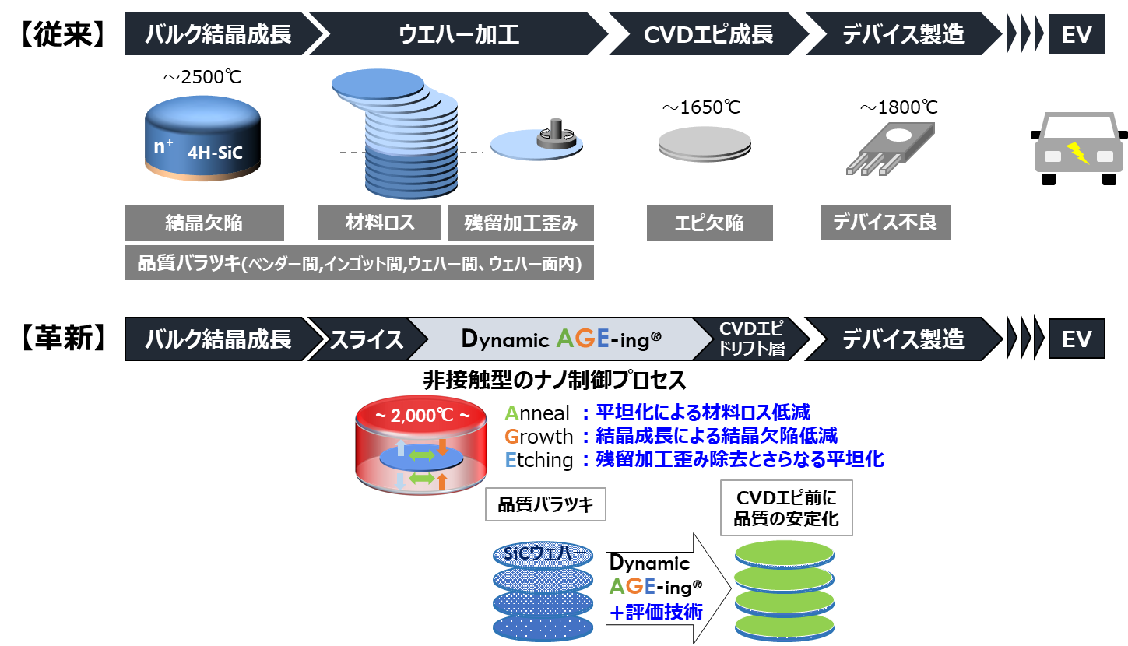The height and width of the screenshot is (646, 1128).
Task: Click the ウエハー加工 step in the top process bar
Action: [459, 35]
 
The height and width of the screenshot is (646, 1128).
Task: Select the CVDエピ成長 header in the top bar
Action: [708, 35]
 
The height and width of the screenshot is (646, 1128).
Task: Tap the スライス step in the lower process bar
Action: [366, 339]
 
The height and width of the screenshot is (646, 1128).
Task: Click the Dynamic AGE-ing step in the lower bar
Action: [560, 339]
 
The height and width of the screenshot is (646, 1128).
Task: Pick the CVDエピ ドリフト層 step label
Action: [751, 339]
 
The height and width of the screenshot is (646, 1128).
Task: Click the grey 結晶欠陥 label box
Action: [204, 223]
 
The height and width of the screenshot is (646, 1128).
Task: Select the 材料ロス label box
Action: [380, 223]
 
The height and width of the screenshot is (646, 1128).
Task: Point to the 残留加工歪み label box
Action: [521, 223]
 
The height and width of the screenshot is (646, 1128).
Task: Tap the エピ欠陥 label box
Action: [709, 223]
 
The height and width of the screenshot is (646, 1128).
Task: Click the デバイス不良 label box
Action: [885, 223]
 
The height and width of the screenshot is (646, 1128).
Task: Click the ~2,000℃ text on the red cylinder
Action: [423, 415]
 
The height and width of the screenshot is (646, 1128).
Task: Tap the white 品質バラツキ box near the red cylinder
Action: [545, 505]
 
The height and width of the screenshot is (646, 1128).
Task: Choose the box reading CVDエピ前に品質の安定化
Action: [786, 507]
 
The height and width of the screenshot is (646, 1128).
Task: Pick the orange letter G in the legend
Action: [511, 437]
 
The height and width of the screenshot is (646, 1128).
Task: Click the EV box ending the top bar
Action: [1077, 35]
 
